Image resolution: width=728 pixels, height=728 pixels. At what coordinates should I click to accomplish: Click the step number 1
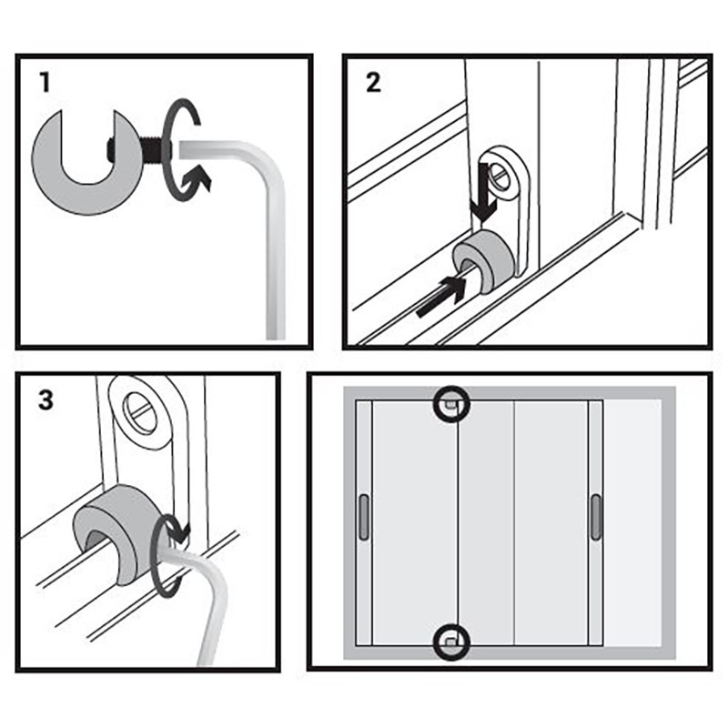(45, 83)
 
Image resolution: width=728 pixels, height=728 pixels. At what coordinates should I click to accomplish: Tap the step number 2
(373, 83)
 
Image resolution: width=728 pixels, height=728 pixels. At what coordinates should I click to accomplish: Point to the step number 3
(46, 399)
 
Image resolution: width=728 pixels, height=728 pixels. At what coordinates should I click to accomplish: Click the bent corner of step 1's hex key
(269, 173)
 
